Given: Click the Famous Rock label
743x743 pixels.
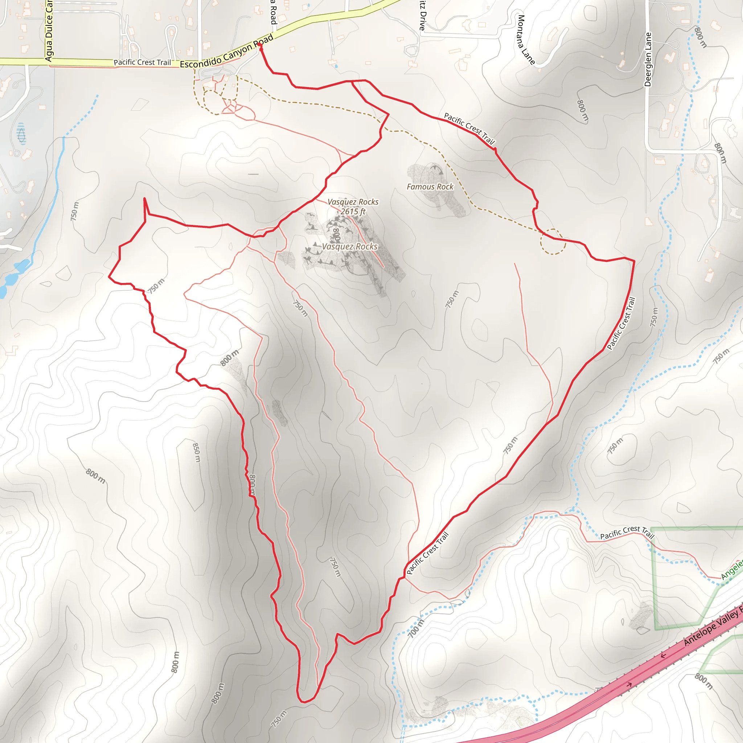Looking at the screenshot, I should (x=430, y=187).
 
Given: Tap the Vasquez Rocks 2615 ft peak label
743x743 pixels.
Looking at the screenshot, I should (x=353, y=206).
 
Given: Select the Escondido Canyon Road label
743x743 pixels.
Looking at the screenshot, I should (x=227, y=51).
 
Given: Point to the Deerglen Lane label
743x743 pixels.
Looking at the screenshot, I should (x=648, y=59).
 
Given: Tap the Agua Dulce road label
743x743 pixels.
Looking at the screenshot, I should (x=49, y=31).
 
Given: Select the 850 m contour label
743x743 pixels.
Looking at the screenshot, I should (x=196, y=453).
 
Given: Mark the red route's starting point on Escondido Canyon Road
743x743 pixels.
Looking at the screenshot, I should (x=260, y=45).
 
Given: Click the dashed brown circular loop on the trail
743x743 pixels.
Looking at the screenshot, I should (x=553, y=242).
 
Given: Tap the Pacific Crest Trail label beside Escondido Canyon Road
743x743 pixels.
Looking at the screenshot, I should (x=142, y=62).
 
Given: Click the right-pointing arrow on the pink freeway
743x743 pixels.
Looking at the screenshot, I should (x=629, y=685).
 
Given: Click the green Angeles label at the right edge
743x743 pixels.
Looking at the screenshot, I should (x=732, y=570).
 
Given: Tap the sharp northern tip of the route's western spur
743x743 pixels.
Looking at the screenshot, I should (x=144, y=198).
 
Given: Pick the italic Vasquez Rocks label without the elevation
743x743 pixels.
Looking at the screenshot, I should (x=350, y=246).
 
